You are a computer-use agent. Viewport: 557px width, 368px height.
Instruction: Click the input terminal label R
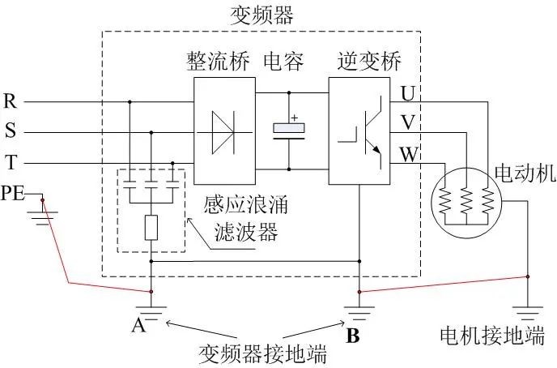(11, 101)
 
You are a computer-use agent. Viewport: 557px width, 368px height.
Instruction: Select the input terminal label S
(10, 131)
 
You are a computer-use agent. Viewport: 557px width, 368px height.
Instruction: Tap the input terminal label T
(10, 162)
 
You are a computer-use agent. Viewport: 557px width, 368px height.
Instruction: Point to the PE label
(14, 193)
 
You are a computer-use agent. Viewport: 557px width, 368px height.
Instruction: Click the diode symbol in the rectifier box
(225, 131)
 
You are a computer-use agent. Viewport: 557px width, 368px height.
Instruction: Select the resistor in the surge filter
(151, 228)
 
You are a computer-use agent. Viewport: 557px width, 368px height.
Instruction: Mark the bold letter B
(353, 333)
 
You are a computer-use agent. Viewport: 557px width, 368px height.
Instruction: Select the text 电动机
(521, 173)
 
